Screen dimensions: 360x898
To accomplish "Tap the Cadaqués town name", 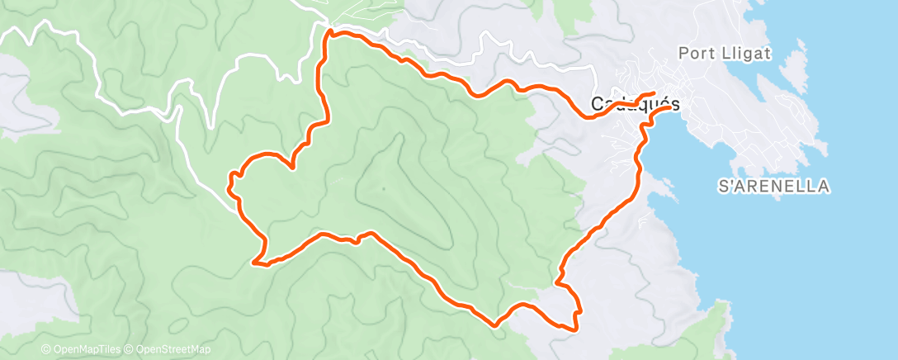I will (x=636, y=105).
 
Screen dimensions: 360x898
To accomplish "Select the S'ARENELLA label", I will (x=773, y=187).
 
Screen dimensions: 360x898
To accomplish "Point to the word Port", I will (x=692, y=54).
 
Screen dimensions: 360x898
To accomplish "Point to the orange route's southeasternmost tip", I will (x=575, y=328).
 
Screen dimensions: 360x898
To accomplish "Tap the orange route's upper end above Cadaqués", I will (x=654, y=93).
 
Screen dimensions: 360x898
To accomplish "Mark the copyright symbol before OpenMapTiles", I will (x=45, y=350).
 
